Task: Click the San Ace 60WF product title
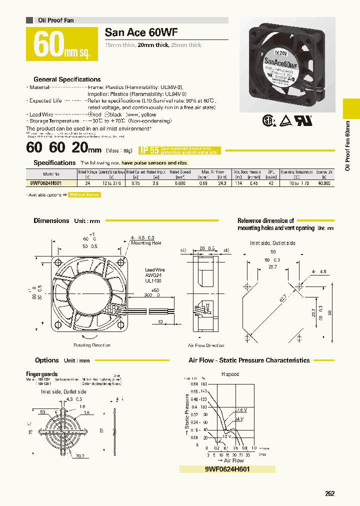pos(141,33)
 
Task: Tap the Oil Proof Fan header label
pos(56,20)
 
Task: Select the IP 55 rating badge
pos(149,149)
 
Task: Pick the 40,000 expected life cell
pos(324,183)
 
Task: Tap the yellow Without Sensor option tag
pos(84,195)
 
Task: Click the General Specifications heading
pos(67,79)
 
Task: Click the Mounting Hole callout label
pos(146,243)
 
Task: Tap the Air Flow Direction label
pos(206,345)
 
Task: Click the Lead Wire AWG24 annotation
pos(154,274)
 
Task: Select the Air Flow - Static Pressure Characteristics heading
pos(249,360)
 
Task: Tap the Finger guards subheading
pos(41,374)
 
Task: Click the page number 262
pos(329,493)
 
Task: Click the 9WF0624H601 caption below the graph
pos(227,469)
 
